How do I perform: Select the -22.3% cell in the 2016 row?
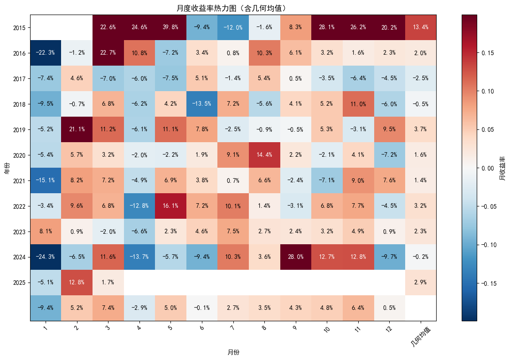(x=46, y=53)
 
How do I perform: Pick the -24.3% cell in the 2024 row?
(x=46, y=257)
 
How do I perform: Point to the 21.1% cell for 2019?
(x=77, y=129)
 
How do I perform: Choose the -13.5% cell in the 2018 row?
(x=202, y=104)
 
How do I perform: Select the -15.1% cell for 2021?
(x=46, y=180)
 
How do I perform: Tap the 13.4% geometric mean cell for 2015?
(x=421, y=27)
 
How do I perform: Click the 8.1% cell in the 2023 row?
(x=46, y=231)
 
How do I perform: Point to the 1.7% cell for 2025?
(x=108, y=283)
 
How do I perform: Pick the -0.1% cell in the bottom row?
(x=202, y=308)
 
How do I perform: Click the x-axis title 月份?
(x=233, y=352)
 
